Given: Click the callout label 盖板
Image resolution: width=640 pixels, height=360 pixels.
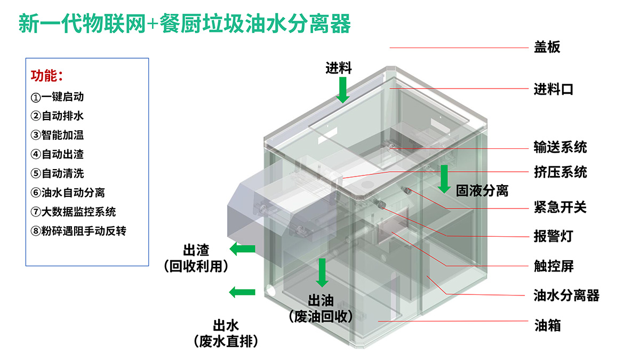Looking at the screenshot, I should (x=547, y=47).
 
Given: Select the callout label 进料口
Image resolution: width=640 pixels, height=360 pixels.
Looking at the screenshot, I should (x=554, y=89).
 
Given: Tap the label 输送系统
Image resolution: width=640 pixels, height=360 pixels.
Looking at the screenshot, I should (x=560, y=147).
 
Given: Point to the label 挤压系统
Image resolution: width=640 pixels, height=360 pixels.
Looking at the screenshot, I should (x=560, y=172).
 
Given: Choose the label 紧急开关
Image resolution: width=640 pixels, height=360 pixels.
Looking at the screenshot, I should (x=560, y=206).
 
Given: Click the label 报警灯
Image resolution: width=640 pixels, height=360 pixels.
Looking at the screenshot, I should (x=553, y=236).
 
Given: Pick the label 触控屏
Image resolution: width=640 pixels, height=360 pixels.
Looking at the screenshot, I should (x=553, y=266).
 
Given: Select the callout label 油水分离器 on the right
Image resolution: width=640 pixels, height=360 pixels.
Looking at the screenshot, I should (x=566, y=295).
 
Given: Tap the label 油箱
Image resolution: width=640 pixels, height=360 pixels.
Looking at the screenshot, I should (x=547, y=324).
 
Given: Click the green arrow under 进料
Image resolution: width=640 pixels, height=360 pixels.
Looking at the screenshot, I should (x=343, y=90).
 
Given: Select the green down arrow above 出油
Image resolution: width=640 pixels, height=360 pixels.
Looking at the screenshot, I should (x=322, y=272).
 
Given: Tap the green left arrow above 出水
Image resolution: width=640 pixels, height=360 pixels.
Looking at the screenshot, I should (x=242, y=292).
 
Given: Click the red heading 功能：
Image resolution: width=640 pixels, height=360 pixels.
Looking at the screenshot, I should (x=47, y=76).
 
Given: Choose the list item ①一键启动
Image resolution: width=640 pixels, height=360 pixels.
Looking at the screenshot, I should (x=57, y=97).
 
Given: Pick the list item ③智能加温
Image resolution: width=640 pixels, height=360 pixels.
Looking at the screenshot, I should (x=57, y=135).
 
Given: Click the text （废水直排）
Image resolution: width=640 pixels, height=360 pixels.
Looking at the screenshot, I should (x=226, y=341).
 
